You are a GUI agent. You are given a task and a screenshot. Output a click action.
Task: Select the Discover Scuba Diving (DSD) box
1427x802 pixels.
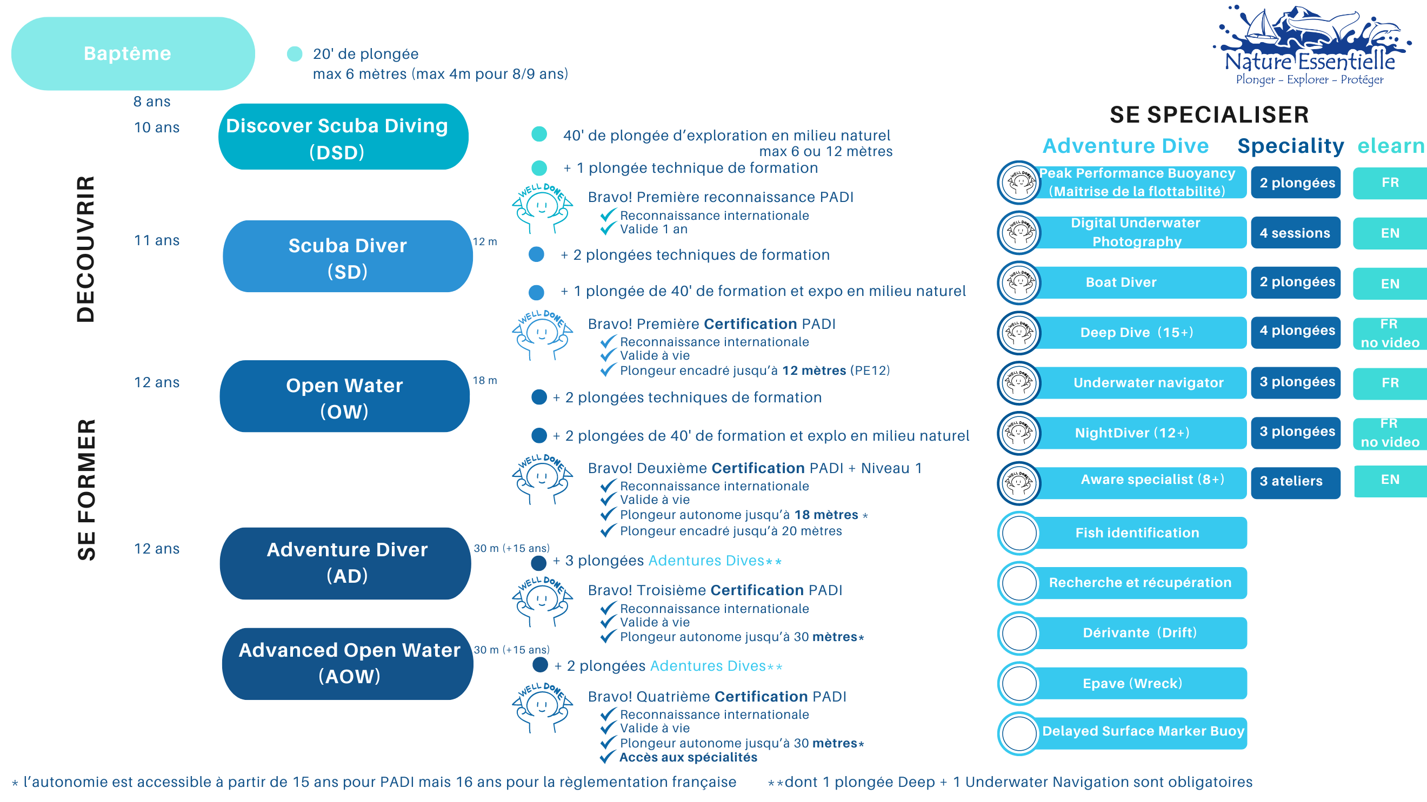343,137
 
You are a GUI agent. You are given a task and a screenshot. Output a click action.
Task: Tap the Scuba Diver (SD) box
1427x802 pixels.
348,257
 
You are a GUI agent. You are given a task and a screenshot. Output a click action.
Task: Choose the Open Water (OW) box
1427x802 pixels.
344,397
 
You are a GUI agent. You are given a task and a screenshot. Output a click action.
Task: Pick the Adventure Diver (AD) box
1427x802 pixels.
346,562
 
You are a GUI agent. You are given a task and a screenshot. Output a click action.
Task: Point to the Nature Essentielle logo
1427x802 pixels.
1310,47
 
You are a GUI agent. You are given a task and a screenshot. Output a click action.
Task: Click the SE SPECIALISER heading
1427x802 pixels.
1209,115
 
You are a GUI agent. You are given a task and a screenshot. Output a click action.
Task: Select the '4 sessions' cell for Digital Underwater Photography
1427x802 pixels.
1295,233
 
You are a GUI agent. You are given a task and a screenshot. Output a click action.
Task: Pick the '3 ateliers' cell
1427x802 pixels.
1295,481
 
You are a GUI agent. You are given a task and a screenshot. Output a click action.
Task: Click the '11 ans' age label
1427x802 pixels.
157,240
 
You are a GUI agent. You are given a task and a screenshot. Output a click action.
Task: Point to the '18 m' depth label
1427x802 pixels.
485,380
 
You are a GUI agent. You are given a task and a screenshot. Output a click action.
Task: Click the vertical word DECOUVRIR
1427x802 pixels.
85,249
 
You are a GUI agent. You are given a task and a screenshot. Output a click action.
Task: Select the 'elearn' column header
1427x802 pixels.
1390,146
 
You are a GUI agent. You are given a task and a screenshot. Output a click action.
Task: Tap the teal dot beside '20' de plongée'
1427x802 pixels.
295,54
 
